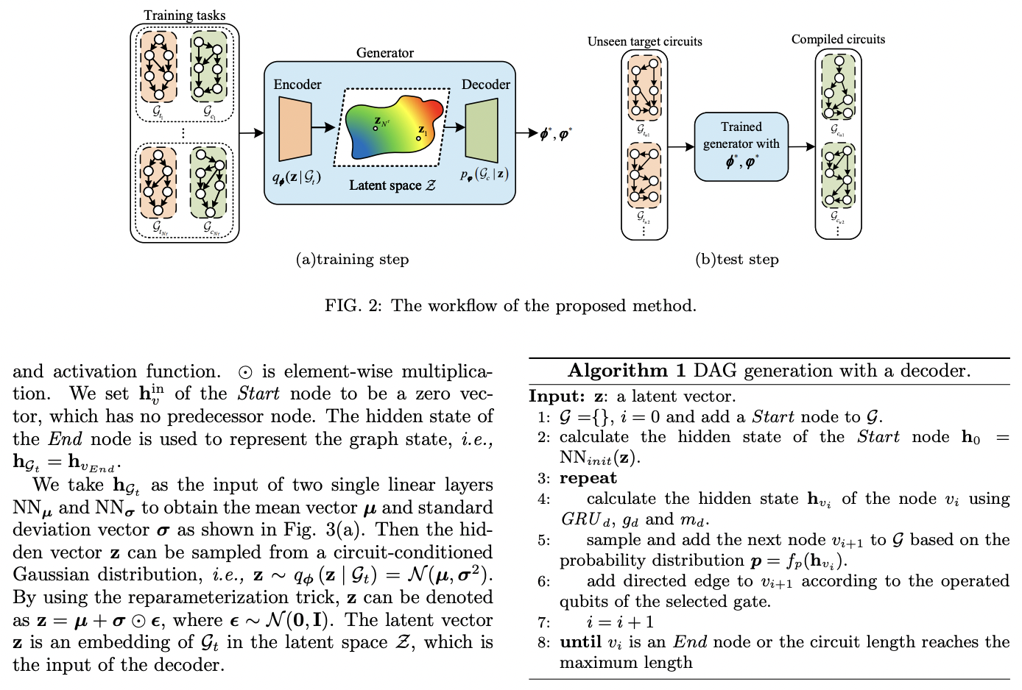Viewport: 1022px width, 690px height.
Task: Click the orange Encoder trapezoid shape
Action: (x=295, y=129)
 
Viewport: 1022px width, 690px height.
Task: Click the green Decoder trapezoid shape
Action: (x=482, y=130)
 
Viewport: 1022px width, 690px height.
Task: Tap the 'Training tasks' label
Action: (x=184, y=15)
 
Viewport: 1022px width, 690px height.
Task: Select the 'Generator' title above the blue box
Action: (x=384, y=53)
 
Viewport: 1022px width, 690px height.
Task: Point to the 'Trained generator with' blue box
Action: (x=741, y=146)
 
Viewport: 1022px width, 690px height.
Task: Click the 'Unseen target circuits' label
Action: (x=644, y=42)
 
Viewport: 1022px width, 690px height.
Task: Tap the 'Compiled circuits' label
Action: (x=838, y=40)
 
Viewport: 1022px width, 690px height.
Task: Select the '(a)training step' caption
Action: (x=352, y=259)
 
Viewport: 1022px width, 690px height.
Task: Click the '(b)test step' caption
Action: (x=736, y=259)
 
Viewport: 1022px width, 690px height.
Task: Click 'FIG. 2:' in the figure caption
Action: (x=353, y=305)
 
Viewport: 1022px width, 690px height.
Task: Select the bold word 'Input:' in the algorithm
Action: (x=557, y=396)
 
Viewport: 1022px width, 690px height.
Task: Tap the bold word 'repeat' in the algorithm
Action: (x=588, y=478)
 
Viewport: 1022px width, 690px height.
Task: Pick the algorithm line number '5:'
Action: (x=543, y=540)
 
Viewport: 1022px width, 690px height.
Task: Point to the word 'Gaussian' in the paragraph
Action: (x=52, y=575)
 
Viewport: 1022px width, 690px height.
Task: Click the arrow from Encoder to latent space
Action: (x=323, y=128)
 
